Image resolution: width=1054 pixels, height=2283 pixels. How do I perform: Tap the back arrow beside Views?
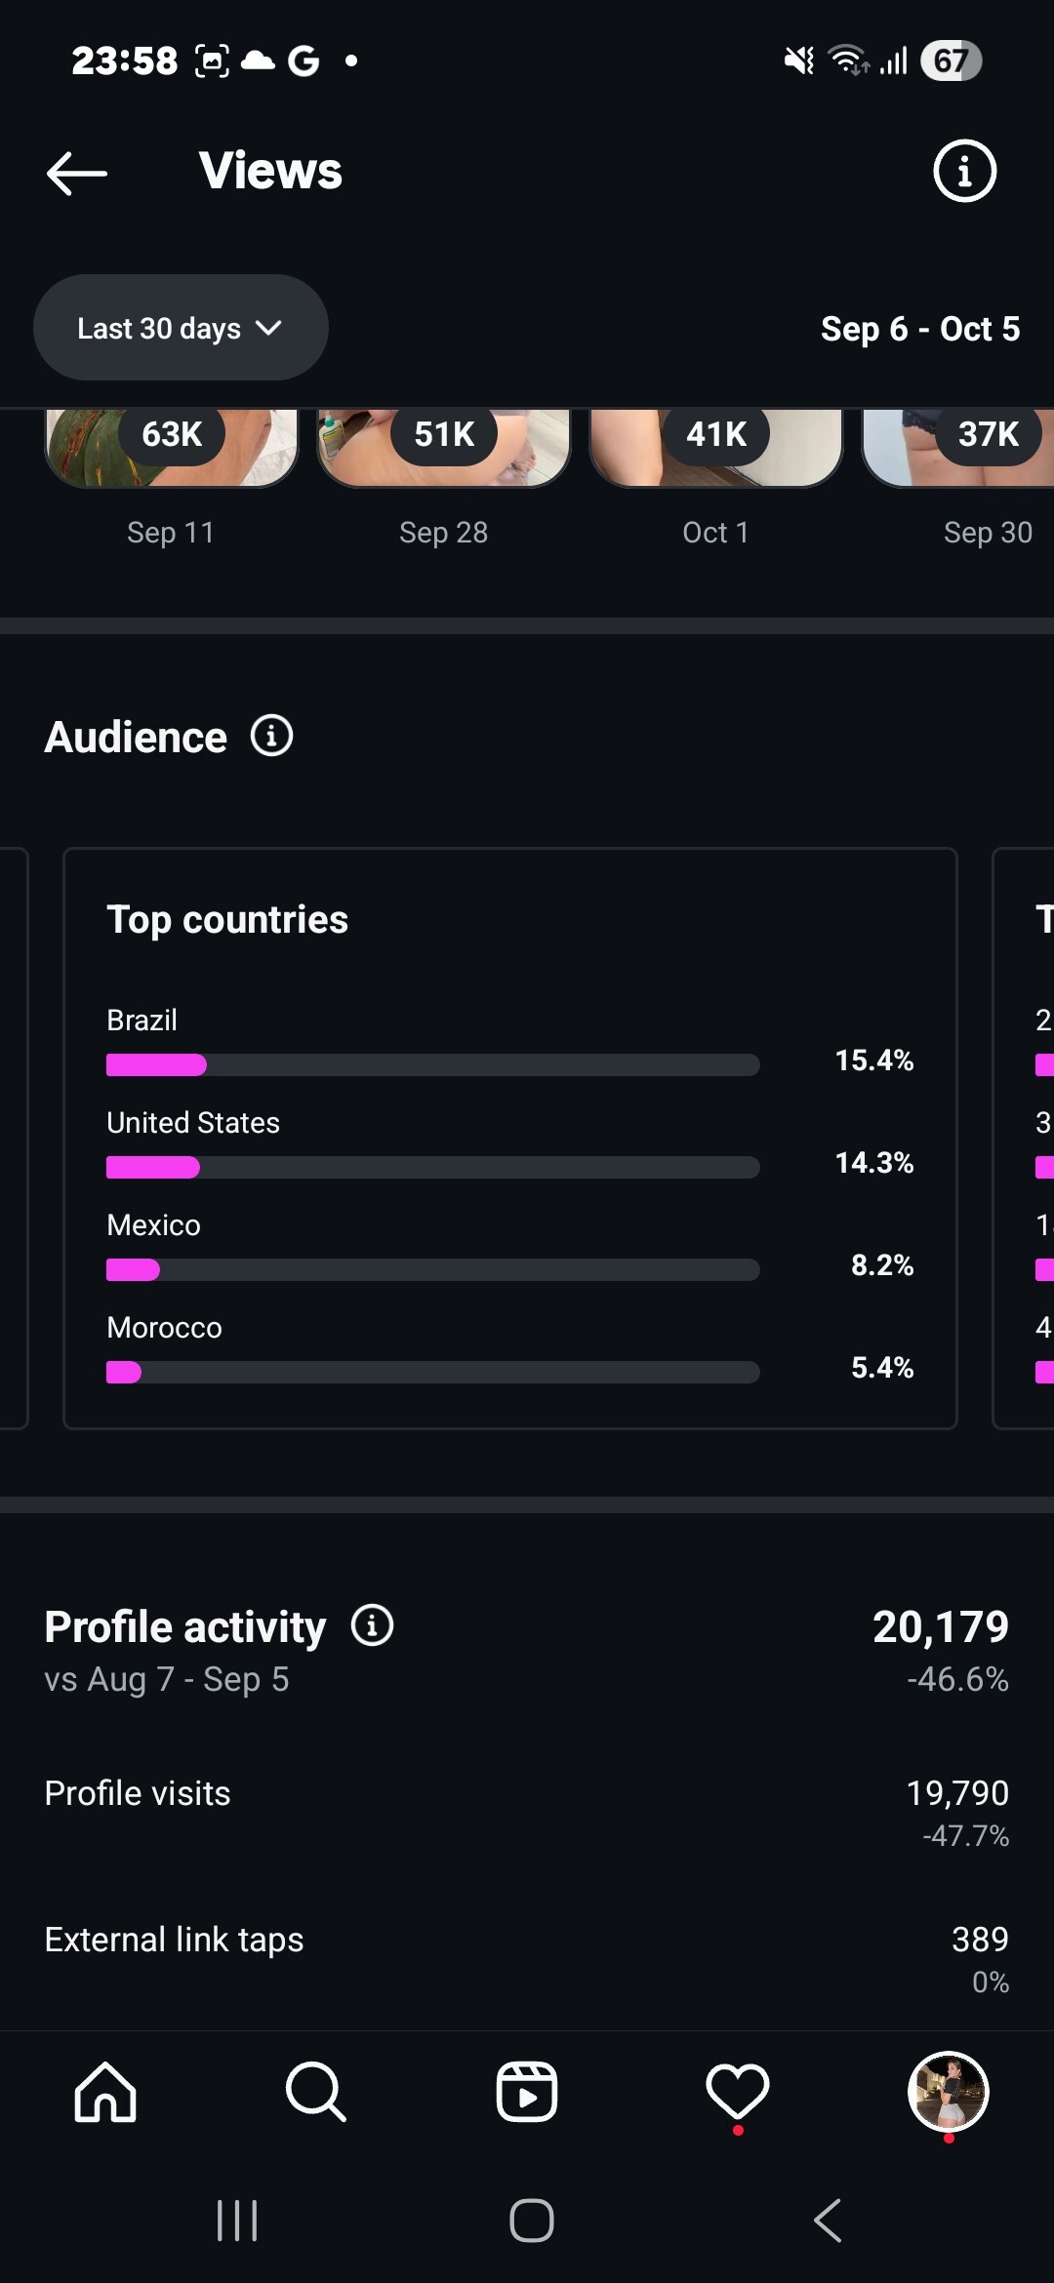coord(77,173)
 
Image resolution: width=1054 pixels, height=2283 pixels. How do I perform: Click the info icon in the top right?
coord(964,172)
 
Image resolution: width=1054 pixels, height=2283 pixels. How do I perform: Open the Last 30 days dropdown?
coord(181,328)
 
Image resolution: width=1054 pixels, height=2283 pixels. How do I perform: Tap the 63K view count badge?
coord(172,434)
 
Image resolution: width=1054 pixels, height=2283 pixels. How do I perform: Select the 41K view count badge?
coord(716,434)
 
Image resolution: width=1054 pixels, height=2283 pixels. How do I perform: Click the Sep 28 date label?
coord(443,533)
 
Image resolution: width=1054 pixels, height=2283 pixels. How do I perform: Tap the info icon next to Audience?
coord(271,736)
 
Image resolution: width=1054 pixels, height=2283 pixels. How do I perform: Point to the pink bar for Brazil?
coord(156,1064)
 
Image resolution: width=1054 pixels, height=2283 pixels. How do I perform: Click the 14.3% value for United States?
coord(873,1162)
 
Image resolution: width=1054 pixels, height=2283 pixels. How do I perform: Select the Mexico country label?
coord(153,1225)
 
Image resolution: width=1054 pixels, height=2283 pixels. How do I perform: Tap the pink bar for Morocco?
coord(124,1372)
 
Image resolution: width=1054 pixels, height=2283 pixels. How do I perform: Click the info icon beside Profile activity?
coord(372,1625)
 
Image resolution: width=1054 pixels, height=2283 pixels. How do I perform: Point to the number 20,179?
coord(940,1626)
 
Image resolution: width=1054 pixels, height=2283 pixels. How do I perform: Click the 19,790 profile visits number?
coord(956,1792)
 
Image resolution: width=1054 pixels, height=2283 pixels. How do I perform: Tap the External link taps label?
coord(174,1940)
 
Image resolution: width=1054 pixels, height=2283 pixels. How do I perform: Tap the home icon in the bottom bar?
coord(105,2092)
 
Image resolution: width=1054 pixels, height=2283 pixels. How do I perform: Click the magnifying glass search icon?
coord(315,2092)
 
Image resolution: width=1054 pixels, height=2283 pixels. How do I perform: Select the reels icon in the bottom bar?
coord(527,2092)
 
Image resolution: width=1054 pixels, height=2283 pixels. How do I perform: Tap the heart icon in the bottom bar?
coord(738,2092)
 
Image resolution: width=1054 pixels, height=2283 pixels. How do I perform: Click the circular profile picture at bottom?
coord(948,2092)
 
